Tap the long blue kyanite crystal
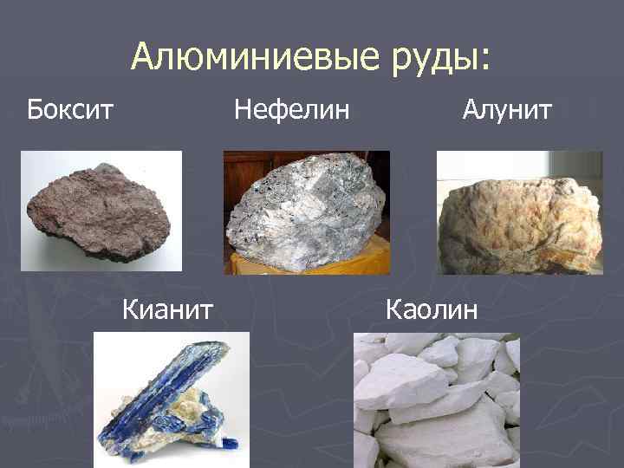[161, 390]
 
